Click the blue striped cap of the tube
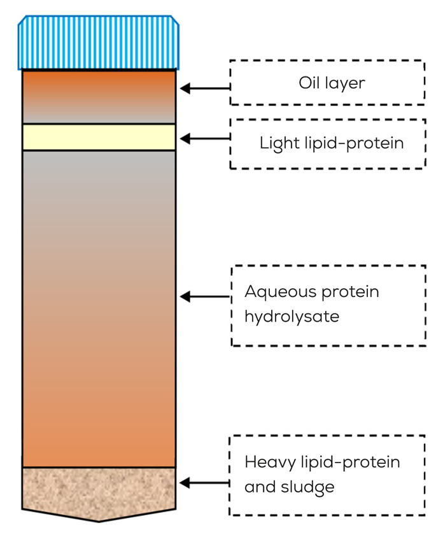pos(99,43)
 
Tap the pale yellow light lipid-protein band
pos(99,137)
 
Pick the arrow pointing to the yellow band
pos(204,138)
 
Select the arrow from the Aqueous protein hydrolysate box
pos(204,296)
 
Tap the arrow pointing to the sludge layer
pos(204,483)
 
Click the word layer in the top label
pos(344,83)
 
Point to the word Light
pos(275,143)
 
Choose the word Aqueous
pos(280,292)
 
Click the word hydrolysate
pos(292,316)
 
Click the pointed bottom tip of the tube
pos(99,519)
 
